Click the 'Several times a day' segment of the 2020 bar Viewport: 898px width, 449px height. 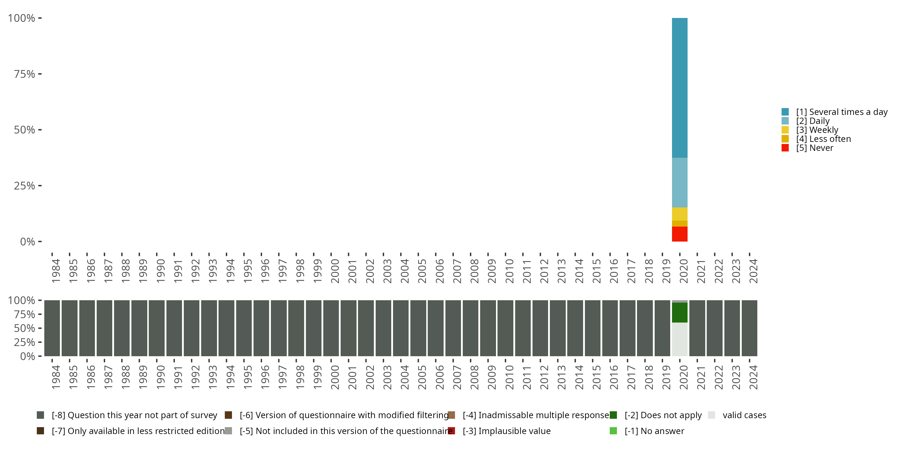coord(679,87)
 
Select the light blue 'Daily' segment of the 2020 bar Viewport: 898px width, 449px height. coord(679,182)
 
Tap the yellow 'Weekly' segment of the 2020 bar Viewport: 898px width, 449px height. coord(679,214)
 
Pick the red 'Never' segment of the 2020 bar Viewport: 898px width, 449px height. coord(679,234)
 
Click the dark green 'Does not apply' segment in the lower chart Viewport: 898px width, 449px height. coord(679,312)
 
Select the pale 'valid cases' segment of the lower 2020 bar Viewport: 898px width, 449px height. coord(679,339)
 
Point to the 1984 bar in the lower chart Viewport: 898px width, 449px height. coord(52,328)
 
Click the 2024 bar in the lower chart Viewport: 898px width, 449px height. coord(749,328)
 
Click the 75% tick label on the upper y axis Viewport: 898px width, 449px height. coord(25,74)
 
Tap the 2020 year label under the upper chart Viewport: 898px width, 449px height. coord(684,271)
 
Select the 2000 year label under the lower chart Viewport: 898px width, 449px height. coord(335,377)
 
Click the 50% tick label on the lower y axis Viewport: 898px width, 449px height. coord(25,328)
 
